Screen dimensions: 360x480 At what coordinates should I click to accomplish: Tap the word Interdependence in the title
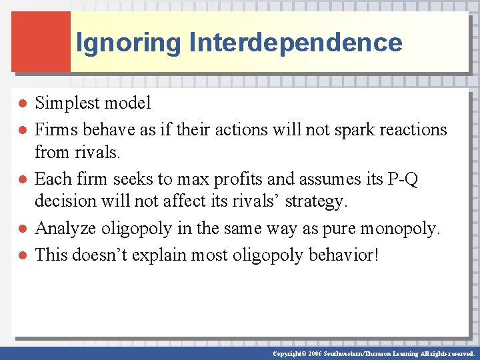coord(295,43)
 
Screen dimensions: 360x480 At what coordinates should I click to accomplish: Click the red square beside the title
coord(41,41)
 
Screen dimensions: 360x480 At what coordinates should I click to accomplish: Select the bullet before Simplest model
coord(22,103)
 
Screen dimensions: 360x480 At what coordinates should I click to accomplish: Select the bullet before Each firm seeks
coord(22,179)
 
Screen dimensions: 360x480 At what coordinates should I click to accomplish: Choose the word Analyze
coord(65,229)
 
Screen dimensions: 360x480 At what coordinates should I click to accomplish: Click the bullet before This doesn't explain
coord(22,255)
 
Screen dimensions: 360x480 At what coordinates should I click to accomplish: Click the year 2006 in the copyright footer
coord(313,353)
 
